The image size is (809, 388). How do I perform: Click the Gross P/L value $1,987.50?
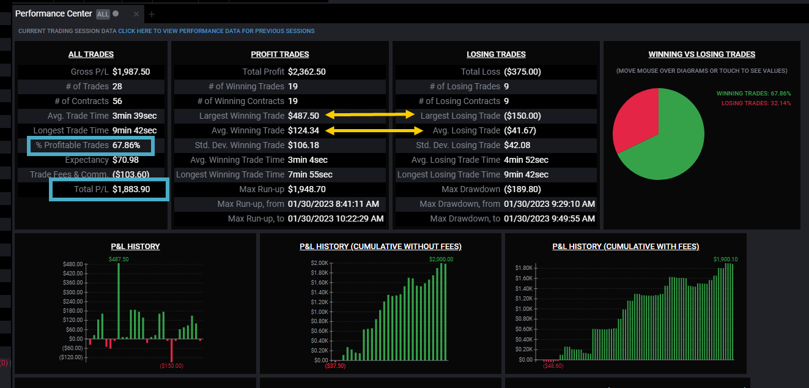(x=131, y=72)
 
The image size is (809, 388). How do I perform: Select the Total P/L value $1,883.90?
(x=131, y=189)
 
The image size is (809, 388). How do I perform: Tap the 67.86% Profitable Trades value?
(x=126, y=145)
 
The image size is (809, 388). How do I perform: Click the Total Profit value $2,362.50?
(x=306, y=72)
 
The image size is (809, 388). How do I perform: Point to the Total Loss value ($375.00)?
(x=522, y=72)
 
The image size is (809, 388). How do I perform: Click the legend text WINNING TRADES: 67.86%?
(x=753, y=93)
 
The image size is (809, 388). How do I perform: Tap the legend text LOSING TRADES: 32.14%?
(x=756, y=103)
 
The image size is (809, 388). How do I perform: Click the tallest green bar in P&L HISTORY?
(x=119, y=301)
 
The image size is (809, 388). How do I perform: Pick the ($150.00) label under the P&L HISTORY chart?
(x=172, y=366)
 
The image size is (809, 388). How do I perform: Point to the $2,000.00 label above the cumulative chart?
(x=441, y=259)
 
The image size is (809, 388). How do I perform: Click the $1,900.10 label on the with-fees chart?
(x=726, y=259)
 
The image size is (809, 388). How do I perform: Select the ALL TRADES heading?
(x=91, y=54)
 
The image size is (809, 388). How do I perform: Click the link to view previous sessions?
(x=216, y=31)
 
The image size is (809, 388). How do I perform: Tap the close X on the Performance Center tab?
(x=136, y=14)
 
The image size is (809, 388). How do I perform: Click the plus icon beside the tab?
(x=152, y=14)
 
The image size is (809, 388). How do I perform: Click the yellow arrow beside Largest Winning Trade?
(x=370, y=115)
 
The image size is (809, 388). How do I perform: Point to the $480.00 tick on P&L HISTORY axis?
(x=73, y=264)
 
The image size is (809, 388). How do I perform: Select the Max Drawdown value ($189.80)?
(x=522, y=189)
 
